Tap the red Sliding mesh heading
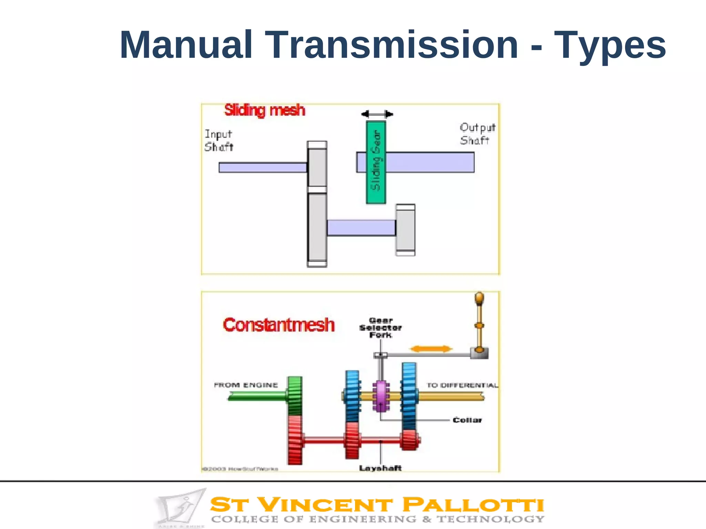pyautogui.click(x=265, y=111)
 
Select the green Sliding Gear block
pyautogui.click(x=376, y=162)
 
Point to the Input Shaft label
pyautogui.click(x=219, y=141)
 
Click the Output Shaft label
pyautogui.click(x=477, y=134)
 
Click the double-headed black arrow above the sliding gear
pyautogui.click(x=377, y=114)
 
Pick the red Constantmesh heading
pyautogui.click(x=279, y=325)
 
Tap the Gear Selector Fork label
pyautogui.click(x=381, y=328)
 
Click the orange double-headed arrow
pyautogui.click(x=431, y=349)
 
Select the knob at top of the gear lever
pyautogui.click(x=479, y=298)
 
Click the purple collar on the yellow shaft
pyautogui.click(x=381, y=396)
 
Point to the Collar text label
pyautogui.click(x=467, y=420)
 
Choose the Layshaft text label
pyautogui.click(x=380, y=468)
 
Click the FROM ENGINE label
pyautogui.click(x=246, y=385)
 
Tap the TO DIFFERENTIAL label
pyautogui.click(x=462, y=385)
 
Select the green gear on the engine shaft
pyautogui.click(x=295, y=396)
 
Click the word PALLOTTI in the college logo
pyautogui.click(x=473, y=505)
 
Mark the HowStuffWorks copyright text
pyautogui.click(x=240, y=469)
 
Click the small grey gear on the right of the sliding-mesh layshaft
pyautogui.click(x=405, y=230)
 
